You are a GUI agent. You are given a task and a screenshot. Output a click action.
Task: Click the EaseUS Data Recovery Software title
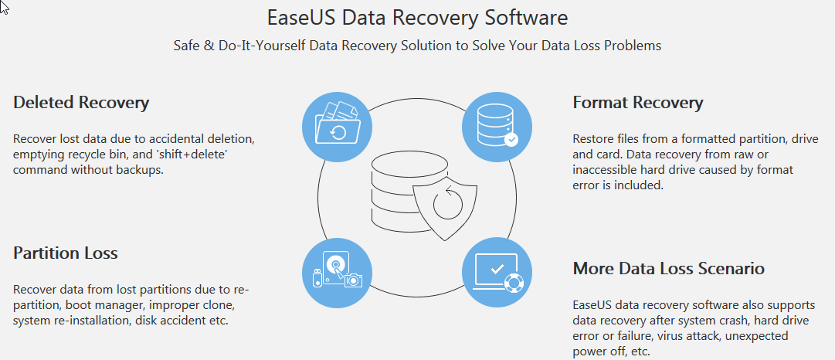(x=417, y=17)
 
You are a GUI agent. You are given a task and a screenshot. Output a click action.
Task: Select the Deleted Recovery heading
(x=81, y=102)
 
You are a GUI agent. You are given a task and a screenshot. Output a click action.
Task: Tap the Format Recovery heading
(x=637, y=102)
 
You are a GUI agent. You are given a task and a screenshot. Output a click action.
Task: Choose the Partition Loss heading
(x=66, y=253)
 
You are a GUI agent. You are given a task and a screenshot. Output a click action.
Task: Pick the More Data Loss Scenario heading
(x=668, y=268)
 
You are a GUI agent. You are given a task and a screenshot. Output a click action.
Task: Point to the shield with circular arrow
(x=447, y=205)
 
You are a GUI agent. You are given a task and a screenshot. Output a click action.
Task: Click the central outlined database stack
(x=393, y=185)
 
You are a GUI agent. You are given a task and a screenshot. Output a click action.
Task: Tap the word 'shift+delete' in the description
(x=205, y=155)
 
